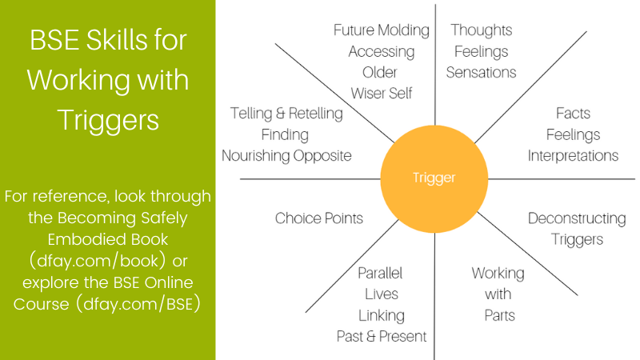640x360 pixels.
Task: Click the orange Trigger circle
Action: (434, 177)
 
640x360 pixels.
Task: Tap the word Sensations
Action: (481, 72)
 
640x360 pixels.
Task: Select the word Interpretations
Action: (573, 155)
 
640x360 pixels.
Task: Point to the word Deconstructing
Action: (576, 218)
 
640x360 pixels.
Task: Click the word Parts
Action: (498, 314)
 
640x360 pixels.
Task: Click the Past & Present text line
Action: (382, 336)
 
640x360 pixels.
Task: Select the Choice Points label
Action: (318, 218)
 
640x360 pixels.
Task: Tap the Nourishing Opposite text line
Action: (286, 155)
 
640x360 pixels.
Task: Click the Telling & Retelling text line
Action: (286, 114)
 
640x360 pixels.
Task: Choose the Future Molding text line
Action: (382, 30)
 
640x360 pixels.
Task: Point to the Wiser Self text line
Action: (382, 93)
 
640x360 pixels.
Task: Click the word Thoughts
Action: (481, 30)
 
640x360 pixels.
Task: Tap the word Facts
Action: (573, 114)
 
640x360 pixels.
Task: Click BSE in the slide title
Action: (52, 38)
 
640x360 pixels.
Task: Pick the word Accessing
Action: (382, 51)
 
